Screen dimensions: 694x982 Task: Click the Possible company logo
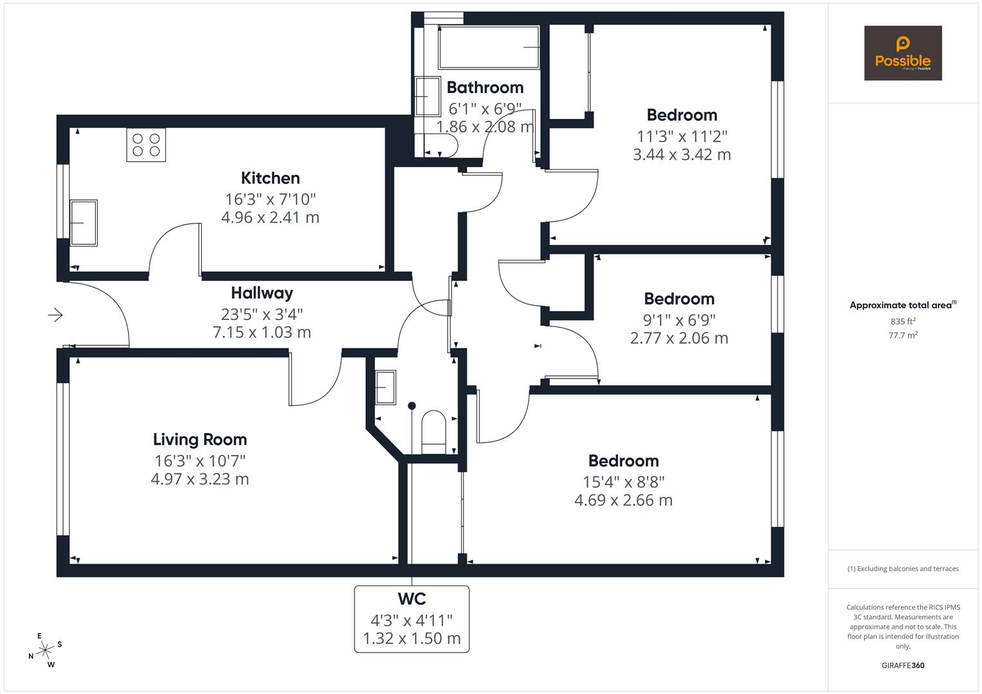coord(902,53)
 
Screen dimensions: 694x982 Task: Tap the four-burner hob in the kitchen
coord(146,145)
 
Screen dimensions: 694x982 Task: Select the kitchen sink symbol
coord(84,222)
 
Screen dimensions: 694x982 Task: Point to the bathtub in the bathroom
coord(489,48)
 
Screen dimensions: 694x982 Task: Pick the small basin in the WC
coord(385,387)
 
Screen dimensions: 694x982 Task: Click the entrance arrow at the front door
coord(55,315)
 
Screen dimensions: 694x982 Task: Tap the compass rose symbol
coord(45,650)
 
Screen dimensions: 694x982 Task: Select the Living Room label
coord(200,440)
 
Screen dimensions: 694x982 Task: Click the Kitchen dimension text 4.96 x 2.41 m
coord(270,217)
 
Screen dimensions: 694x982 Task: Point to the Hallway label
coord(262,293)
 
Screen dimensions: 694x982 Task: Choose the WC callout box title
coord(412,599)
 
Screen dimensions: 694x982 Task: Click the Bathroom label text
coord(485,87)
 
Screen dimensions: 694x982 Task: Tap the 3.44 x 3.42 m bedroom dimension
coord(682,155)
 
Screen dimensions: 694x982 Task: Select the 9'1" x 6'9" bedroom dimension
coord(679,319)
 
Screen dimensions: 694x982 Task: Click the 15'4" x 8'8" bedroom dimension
coord(623,481)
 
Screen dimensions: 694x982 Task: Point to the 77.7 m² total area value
coord(903,335)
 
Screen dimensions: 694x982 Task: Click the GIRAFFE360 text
coord(903,666)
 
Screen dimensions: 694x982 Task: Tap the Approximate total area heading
coord(902,305)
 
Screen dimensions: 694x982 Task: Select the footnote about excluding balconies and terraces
coord(903,569)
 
